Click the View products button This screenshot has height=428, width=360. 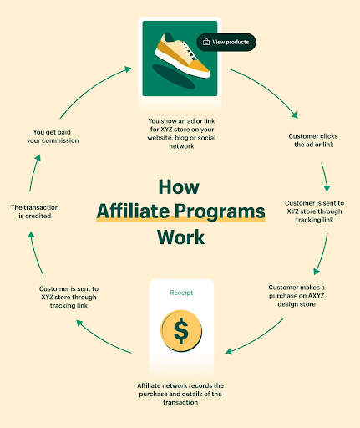pyautogui.click(x=226, y=42)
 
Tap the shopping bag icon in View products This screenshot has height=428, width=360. pyautogui.click(x=206, y=42)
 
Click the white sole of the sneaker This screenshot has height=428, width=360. pyautogui.click(x=181, y=64)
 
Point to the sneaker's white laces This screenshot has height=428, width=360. pyautogui.click(x=187, y=50)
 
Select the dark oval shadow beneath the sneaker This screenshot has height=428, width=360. pyautogui.click(x=174, y=77)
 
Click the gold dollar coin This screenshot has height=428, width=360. pyautogui.click(x=181, y=330)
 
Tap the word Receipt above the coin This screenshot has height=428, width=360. pyautogui.click(x=181, y=293)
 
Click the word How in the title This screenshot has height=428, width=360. pyautogui.click(x=179, y=186)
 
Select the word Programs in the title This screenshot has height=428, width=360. pyautogui.click(x=220, y=211)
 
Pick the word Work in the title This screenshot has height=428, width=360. pyautogui.click(x=180, y=237)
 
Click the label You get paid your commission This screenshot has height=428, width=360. pyautogui.click(x=53, y=136)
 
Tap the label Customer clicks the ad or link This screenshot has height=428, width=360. pyautogui.click(x=313, y=140)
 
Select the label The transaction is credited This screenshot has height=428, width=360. pyautogui.click(x=35, y=211)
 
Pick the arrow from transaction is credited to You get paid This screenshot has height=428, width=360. pyautogui.click(x=34, y=172)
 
